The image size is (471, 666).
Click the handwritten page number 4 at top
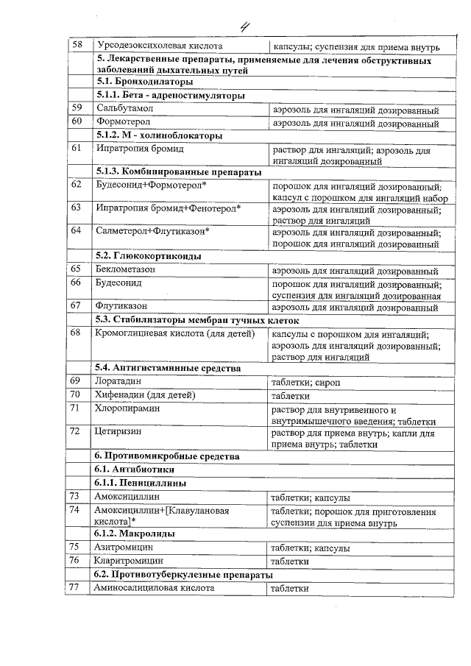[245, 27]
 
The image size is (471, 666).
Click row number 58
[77, 45]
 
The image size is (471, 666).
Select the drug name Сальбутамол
[123, 108]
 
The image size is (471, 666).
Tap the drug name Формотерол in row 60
[123, 121]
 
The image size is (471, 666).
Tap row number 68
[76, 333]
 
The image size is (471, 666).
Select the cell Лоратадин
[118, 381]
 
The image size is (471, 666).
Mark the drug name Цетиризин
[118, 432]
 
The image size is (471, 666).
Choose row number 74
[75, 510]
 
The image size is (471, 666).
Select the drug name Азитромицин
[123, 548]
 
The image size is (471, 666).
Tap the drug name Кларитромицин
[127, 561]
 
